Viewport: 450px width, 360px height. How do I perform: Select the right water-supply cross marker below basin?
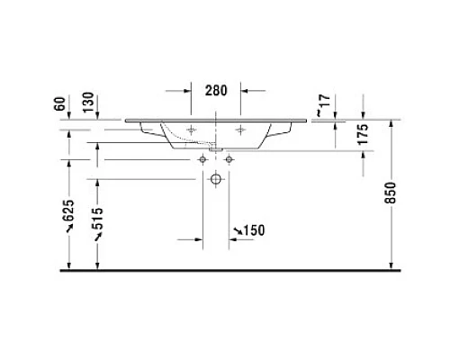pyautogui.click(x=229, y=158)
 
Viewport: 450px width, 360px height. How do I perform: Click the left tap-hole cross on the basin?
pyautogui.click(x=192, y=130)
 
